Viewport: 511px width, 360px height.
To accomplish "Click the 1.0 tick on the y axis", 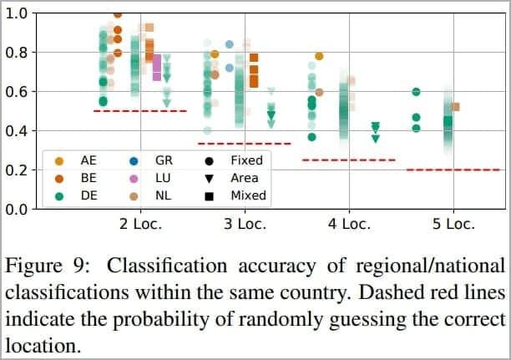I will click(17, 13).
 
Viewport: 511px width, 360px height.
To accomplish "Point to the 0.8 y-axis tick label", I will click(17, 53).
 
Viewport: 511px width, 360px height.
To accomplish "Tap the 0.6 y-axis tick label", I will click(17, 92).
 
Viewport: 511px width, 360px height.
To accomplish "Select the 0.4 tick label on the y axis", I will click(17, 131).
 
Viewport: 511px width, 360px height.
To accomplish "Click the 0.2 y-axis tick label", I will click(17, 170).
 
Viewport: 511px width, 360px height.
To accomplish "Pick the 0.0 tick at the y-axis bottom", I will click(17, 209).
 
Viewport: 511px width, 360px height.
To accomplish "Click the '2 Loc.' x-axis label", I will click(140, 224).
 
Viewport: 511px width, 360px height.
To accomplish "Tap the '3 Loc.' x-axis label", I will click(245, 224).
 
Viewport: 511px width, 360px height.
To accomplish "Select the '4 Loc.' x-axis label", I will click(349, 224).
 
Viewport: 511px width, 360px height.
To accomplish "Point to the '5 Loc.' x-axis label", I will click(453, 224).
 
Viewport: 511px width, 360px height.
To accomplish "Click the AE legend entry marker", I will click(58, 160).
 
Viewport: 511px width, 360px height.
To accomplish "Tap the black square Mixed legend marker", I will click(210, 195).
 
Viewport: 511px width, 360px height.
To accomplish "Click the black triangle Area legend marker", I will click(210, 178).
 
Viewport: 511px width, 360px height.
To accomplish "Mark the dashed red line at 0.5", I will click(140, 111).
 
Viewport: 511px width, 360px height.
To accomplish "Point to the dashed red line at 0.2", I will click(453, 170).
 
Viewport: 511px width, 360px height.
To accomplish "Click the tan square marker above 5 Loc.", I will click(455, 107).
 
